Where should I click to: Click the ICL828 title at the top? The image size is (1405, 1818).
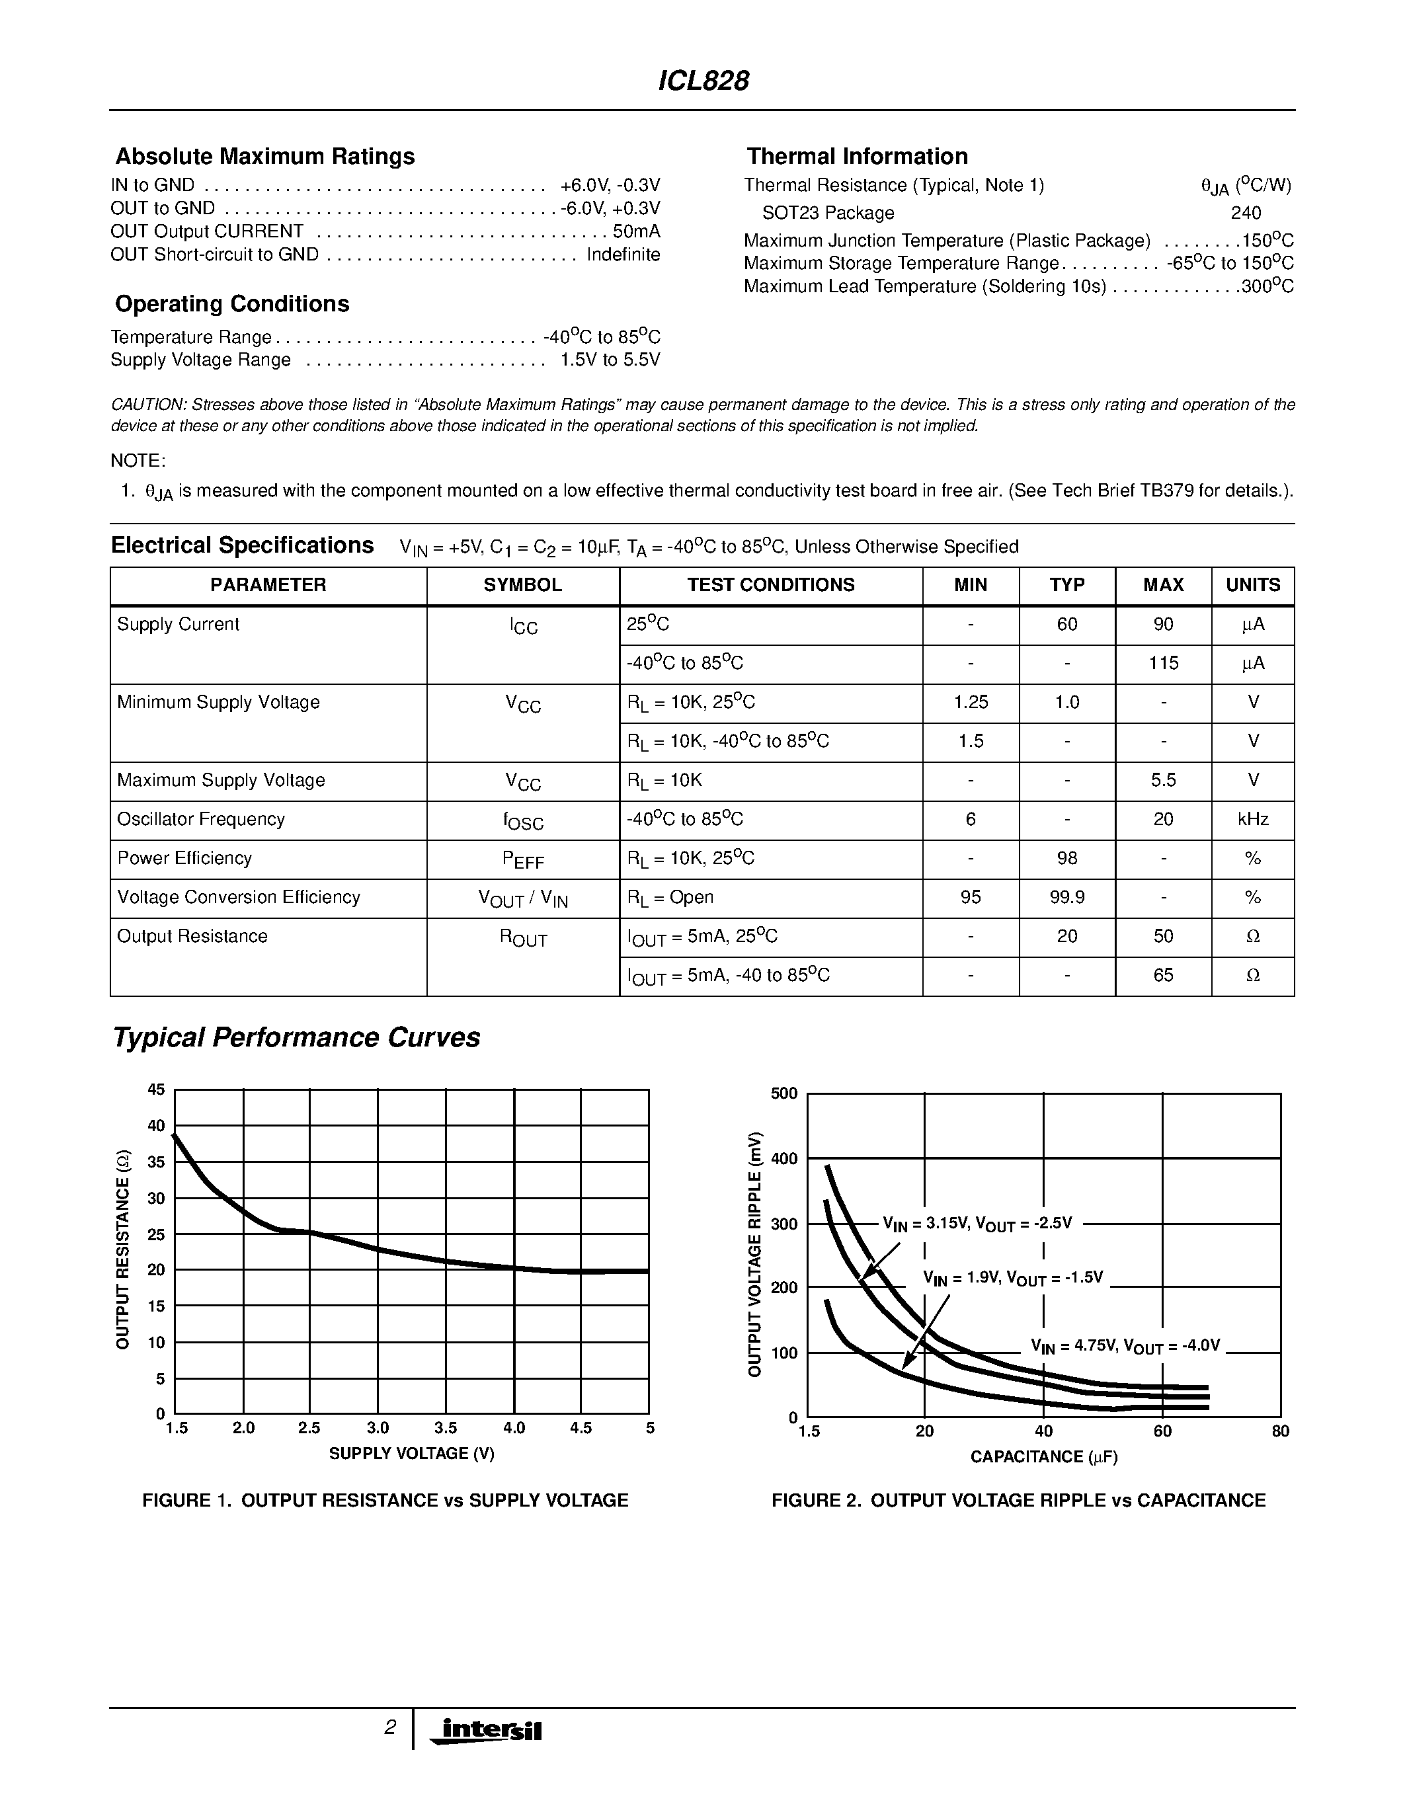(703, 81)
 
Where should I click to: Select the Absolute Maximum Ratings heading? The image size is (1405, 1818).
(264, 157)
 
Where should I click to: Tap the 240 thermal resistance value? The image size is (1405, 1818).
(1246, 213)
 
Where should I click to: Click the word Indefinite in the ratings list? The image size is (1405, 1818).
(623, 255)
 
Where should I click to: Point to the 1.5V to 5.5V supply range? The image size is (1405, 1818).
(610, 360)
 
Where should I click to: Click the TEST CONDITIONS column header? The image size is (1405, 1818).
(771, 585)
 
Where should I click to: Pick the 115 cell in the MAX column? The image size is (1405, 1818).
(1163, 664)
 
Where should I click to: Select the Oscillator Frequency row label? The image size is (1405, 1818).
(200, 819)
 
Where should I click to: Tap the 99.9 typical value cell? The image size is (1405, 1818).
(1067, 897)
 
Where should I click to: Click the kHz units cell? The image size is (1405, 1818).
(1253, 819)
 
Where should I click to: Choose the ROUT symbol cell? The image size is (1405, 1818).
(523, 937)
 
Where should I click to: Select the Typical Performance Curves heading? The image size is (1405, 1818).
(296, 1038)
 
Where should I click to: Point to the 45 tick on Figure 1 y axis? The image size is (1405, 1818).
(157, 1089)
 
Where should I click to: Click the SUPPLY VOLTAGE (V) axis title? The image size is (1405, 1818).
(411, 1453)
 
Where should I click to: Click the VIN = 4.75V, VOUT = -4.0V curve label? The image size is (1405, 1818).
(1125, 1346)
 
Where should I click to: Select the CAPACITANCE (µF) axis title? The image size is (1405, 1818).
(1044, 1457)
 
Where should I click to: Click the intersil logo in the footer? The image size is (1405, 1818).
(491, 1730)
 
